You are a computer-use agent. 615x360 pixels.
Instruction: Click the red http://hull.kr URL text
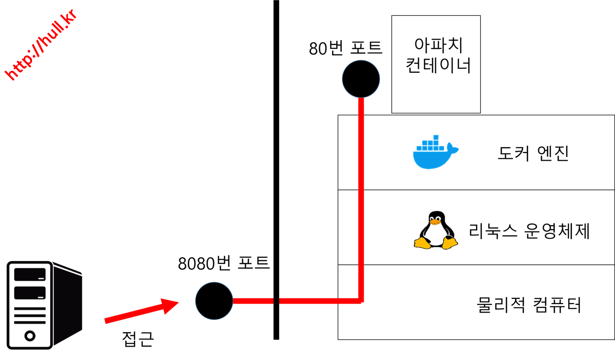coord(41,45)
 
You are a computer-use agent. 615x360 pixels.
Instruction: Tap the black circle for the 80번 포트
coord(361,79)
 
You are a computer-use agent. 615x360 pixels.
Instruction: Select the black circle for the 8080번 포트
coord(214,301)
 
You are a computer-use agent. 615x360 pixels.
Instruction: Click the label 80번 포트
coord(345,48)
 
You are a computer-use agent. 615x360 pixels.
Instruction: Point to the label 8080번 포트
coord(224,263)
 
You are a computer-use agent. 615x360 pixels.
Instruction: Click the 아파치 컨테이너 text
coord(438,55)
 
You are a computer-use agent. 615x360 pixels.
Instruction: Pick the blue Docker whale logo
coord(436,152)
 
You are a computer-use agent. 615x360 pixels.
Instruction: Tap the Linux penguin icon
coord(436,230)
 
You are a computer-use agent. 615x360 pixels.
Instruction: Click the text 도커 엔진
coord(533,153)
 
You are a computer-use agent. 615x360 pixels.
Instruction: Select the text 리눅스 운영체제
coord(529,231)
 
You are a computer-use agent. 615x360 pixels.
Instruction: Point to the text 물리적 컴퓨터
coord(529,305)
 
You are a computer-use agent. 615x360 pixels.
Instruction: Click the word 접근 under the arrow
coord(138,339)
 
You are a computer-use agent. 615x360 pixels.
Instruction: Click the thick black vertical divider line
coord(276,170)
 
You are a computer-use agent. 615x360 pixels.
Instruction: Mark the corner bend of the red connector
coord(361,301)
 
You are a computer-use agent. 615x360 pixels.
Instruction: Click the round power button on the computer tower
coord(30,336)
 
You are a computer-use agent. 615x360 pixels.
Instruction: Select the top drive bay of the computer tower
coord(30,274)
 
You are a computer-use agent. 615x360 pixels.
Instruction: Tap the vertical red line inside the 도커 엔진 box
coord(361,153)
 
